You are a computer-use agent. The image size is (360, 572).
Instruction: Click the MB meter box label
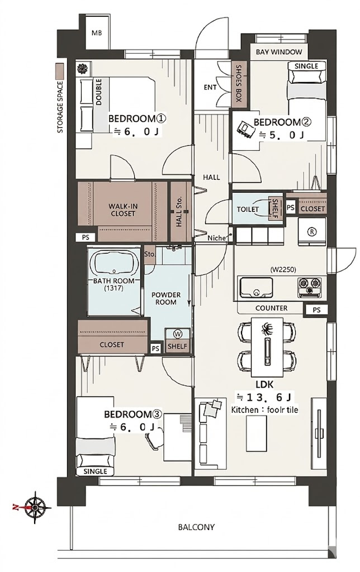[x=97, y=33]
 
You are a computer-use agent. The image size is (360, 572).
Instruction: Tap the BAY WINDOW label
[x=279, y=52]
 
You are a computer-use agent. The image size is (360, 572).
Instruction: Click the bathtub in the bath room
[x=115, y=262]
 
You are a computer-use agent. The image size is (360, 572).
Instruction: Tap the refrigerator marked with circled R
[x=312, y=231]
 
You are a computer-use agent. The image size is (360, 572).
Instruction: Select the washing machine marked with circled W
[x=177, y=333]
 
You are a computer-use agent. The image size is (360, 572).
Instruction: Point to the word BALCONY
[x=196, y=527]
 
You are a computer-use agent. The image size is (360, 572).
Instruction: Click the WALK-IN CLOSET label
[x=122, y=210]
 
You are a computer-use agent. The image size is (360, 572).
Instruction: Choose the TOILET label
[x=248, y=209]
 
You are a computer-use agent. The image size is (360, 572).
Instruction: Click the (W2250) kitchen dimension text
[x=283, y=270]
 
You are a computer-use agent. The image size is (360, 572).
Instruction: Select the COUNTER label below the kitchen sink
[x=271, y=308]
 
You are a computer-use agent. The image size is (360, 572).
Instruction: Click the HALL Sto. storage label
[x=179, y=212]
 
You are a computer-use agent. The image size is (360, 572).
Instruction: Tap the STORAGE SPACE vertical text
[x=60, y=107]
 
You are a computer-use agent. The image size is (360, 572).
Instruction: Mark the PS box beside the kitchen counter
[x=316, y=309]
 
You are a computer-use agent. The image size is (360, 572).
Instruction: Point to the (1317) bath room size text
[x=113, y=288]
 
